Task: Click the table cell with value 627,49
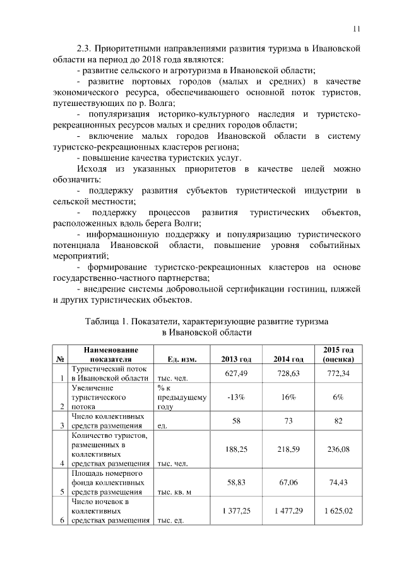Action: (237, 374)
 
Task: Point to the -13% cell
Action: (237, 397)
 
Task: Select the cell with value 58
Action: (237, 420)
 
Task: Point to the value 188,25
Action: (237, 449)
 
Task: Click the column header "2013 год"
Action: (237, 359)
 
